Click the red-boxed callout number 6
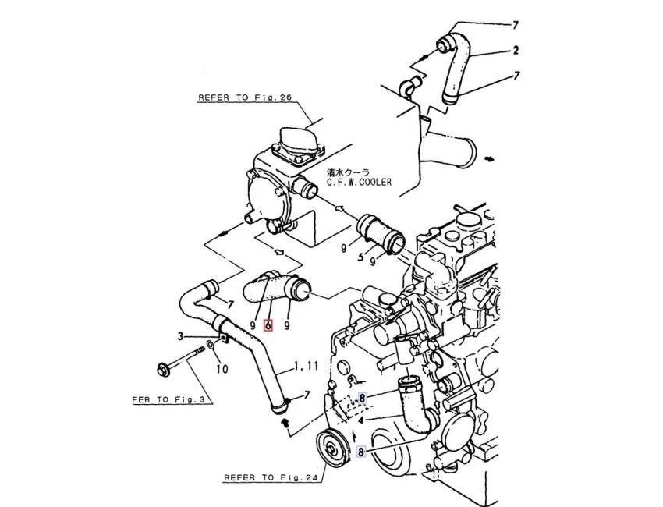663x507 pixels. point(268,324)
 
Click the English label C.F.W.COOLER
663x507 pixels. point(360,183)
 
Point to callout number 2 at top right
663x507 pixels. point(516,51)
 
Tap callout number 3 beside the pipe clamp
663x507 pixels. point(179,336)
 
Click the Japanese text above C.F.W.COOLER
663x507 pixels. point(348,171)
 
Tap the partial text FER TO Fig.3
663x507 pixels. point(168,399)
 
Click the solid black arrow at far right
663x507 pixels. point(490,158)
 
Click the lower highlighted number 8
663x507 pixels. point(361,452)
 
